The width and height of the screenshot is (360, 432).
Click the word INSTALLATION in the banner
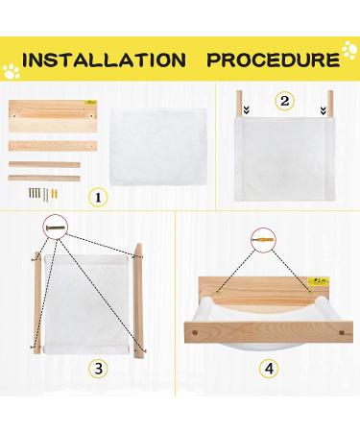click(105, 60)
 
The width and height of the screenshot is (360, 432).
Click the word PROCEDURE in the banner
click(274, 60)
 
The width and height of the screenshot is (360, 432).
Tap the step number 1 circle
click(98, 198)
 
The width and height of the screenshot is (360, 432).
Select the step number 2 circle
click(284, 101)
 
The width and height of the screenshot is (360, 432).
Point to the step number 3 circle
click(98, 369)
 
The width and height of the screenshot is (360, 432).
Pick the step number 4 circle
click(269, 369)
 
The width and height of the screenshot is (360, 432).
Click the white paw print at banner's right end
click(349, 50)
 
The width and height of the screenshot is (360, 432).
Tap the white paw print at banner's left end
click(12, 71)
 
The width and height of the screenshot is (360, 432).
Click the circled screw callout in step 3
click(56, 228)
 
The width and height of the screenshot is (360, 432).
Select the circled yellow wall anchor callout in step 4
click(263, 240)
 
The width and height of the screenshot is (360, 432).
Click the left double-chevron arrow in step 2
click(246, 110)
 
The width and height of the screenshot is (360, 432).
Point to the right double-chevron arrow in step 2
click(323, 110)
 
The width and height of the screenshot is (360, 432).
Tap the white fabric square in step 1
click(157, 147)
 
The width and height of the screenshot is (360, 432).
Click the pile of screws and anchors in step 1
click(43, 194)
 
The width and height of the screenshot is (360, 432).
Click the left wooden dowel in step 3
click(37, 302)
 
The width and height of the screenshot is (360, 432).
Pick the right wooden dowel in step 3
click(139, 301)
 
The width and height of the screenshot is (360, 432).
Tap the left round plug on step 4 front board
click(195, 332)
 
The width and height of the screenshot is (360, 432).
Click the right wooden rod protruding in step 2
click(330, 104)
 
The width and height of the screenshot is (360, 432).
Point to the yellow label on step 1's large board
click(91, 103)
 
